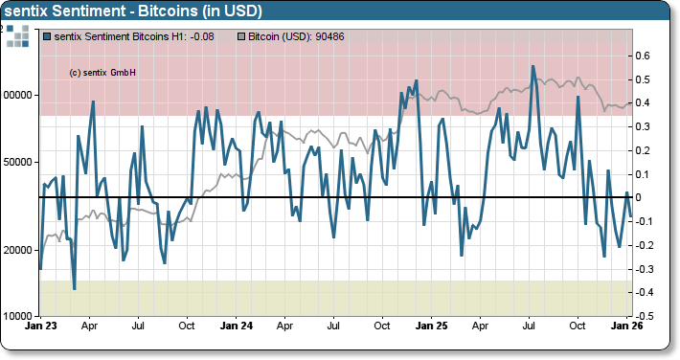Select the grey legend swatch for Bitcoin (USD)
(x=241, y=36)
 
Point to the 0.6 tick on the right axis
(x=645, y=56)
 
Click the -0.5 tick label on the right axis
(x=644, y=316)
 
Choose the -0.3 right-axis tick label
(x=644, y=269)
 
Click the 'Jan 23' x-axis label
(x=39, y=326)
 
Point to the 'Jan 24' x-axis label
(x=236, y=326)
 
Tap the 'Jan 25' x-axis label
(x=431, y=326)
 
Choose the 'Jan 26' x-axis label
(x=625, y=326)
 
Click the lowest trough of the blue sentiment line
(x=75, y=288)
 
